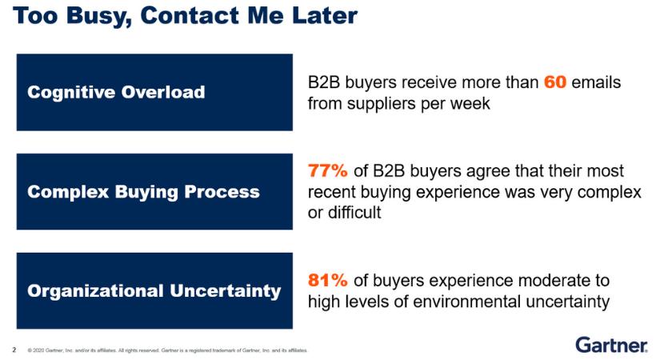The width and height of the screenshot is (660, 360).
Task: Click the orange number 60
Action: click(x=554, y=82)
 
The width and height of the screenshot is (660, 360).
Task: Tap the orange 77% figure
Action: click(x=328, y=171)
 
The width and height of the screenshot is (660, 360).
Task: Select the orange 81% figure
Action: click(x=328, y=281)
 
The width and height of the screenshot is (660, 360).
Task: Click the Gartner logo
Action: click(x=611, y=345)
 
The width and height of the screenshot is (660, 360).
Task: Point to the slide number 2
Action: click(x=14, y=350)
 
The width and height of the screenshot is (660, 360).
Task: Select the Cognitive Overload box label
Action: click(x=116, y=92)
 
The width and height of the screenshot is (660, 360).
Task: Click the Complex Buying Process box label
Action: click(x=143, y=192)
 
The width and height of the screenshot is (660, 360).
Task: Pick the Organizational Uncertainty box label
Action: click(x=154, y=291)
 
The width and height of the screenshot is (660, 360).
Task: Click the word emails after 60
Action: click(x=596, y=82)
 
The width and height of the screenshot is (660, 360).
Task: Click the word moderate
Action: click(x=547, y=281)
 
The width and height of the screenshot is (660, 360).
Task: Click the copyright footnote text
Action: click(x=167, y=350)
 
